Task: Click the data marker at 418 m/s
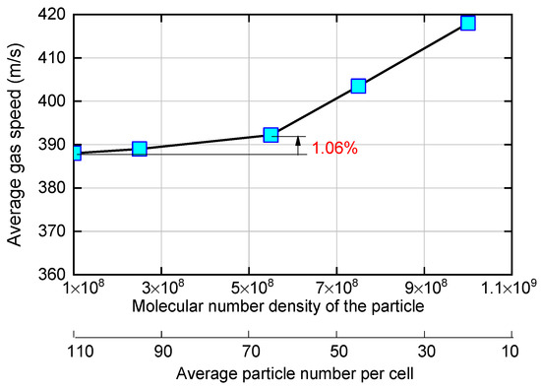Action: pyautogui.click(x=467, y=23)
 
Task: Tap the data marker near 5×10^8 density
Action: pyautogui.click(x=270, y=135)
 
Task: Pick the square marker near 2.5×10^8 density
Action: pyautogui.click(x=140, y=149)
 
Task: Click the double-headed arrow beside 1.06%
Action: pyautogui.click(x=298, y=145)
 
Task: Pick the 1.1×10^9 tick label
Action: pyautogui.click(x=510, y=288)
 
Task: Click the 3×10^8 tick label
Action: pyautogui.click(x=161, y=288)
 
